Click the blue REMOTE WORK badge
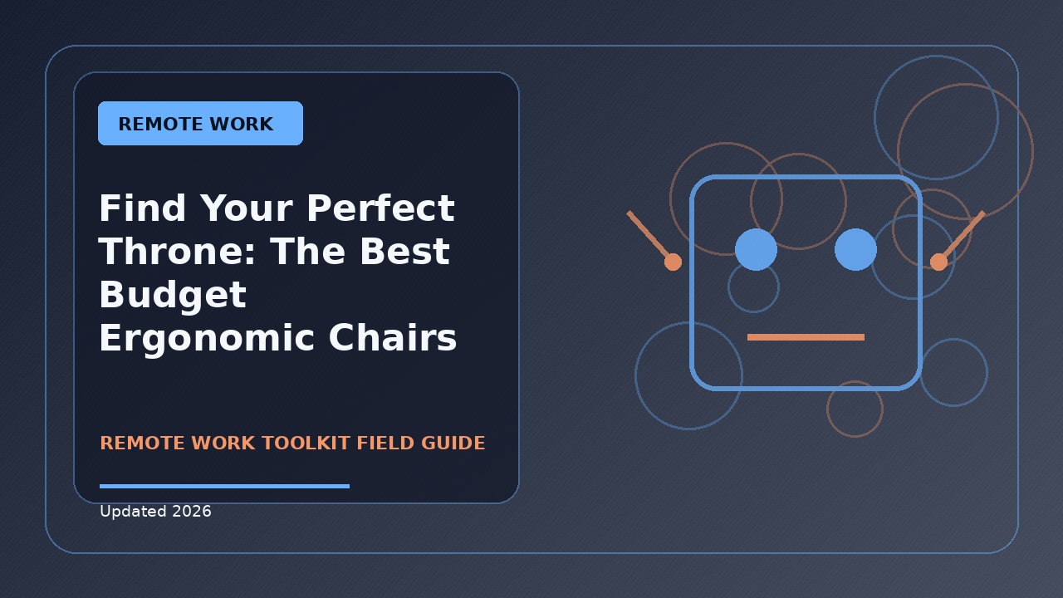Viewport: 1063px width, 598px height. coord(200,124)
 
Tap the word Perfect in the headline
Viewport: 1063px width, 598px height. coord(380,208)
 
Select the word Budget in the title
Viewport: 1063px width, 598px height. coord(173,295)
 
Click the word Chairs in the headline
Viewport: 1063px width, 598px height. coord(393,337)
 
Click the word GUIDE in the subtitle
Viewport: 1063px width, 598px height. coord(453,443)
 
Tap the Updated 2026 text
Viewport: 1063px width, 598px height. coord(155,512)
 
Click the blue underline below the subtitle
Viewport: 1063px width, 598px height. coord(224,486)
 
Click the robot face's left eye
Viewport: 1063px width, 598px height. coord(756,250)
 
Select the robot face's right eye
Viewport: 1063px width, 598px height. coord(855,250)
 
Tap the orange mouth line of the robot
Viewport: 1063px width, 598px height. coord(806,337)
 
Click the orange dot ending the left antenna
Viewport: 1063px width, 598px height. coord(673,262)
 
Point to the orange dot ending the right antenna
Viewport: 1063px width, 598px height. coord(938,262)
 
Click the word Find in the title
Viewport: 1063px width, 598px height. coord(142,208)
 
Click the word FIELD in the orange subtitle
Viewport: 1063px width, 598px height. coord(385,443)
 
